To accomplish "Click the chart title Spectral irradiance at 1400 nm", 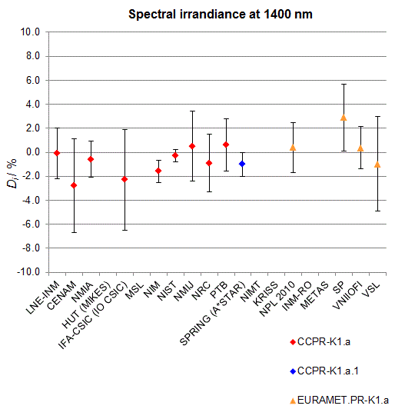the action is point(221,14).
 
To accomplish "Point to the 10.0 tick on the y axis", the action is point(30,32).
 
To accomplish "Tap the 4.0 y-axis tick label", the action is point(33,105).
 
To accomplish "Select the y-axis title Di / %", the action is point(12,174).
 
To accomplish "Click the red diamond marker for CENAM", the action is point(74,185).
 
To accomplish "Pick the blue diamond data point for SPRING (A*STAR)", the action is point(242,164).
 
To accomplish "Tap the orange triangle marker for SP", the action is point(344,118).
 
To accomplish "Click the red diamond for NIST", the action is point(175,155).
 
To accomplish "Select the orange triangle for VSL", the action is point(377,165).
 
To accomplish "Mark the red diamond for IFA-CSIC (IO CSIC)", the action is point(124,179).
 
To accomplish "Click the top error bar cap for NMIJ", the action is point(192,111).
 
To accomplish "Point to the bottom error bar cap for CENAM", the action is point(74,232).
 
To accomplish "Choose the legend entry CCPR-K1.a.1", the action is point(324,371).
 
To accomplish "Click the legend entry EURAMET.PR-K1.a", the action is point(339,401).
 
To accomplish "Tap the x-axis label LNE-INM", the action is point(43,298).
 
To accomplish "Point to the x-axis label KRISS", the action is point(266,294).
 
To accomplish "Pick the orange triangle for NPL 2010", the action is point(293,148).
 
